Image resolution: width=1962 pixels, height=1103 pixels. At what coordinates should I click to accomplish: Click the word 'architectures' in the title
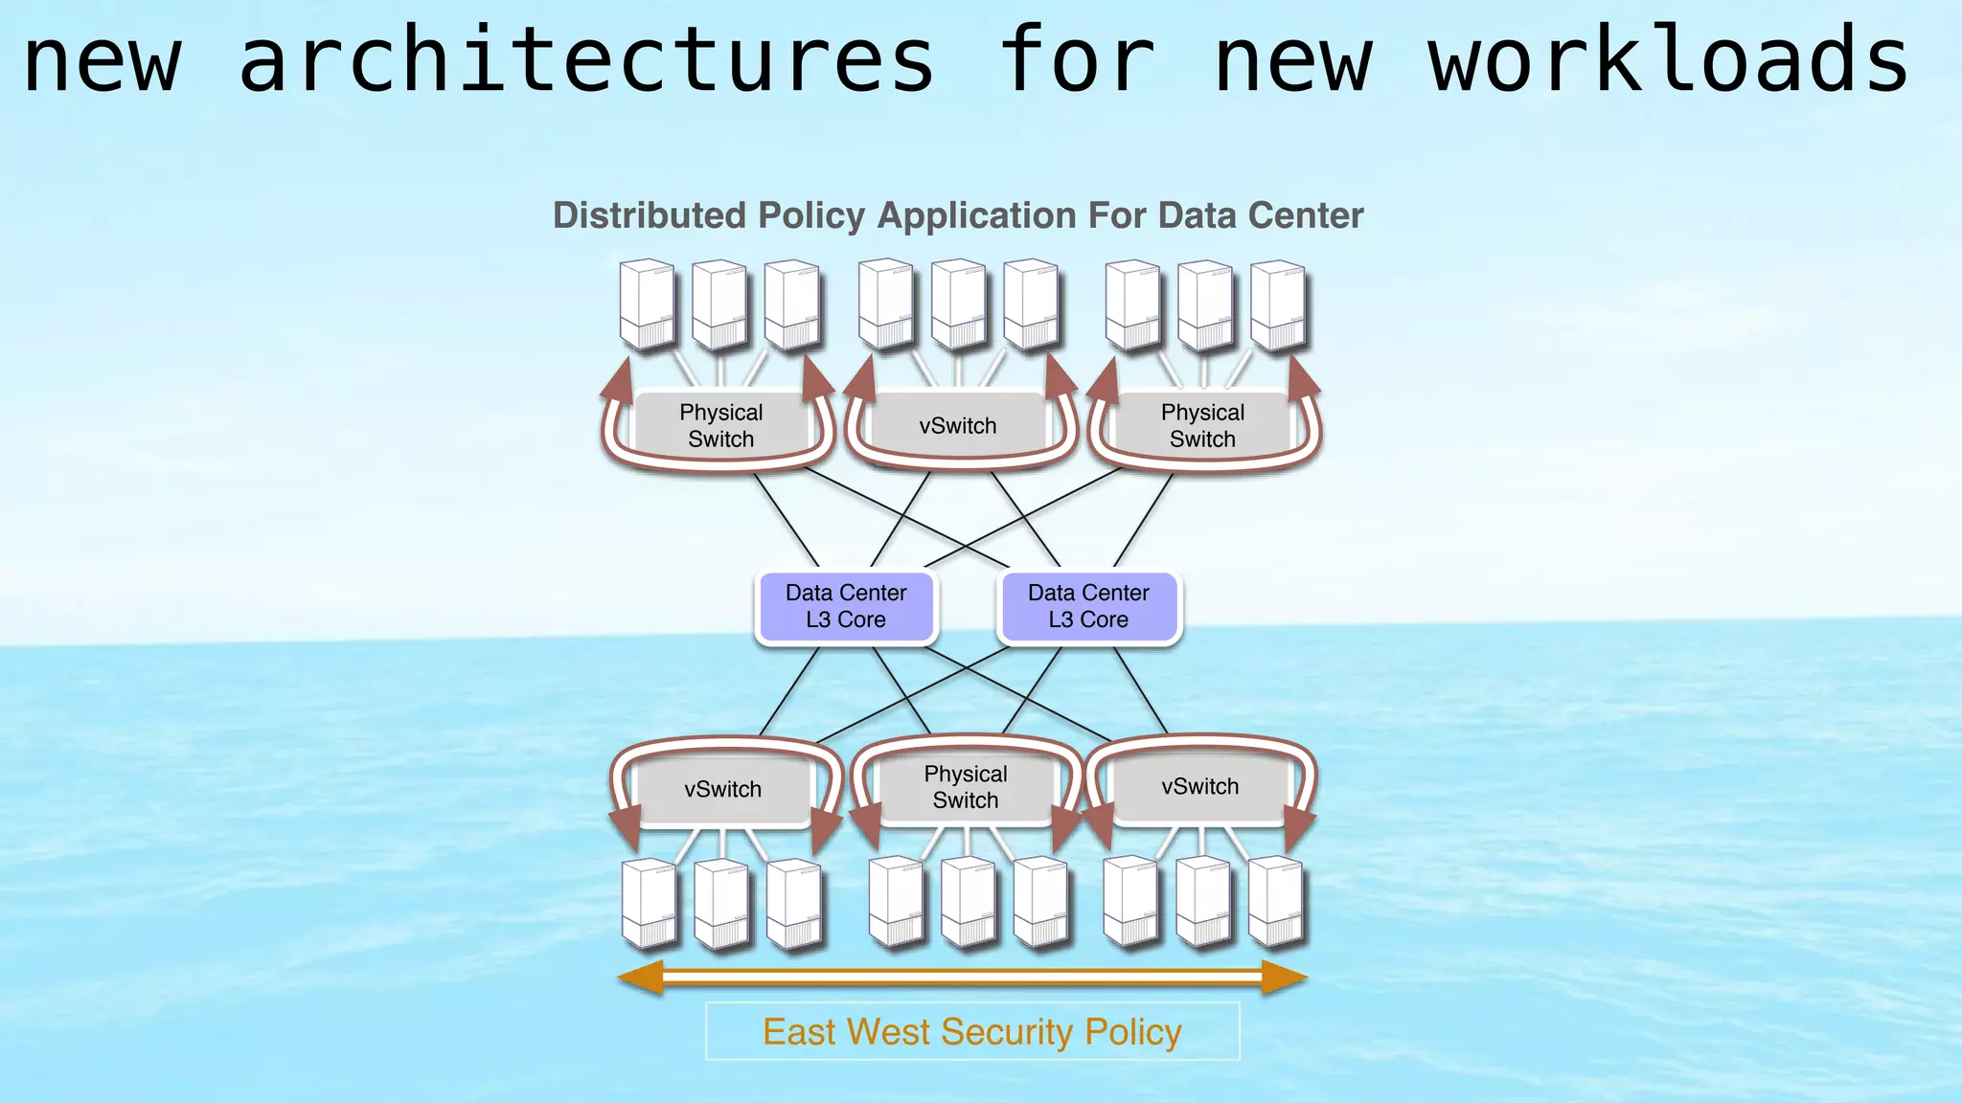pyautogui.click(x=586, y=59)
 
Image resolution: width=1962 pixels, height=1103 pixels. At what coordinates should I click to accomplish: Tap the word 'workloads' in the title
pyautogui.click(x=1669, y=59)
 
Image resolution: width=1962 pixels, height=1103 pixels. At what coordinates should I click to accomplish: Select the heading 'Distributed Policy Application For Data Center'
pyautogui.click(x=958, y=215)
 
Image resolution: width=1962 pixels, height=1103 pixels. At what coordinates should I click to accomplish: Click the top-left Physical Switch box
pyautogui.click(x=720, y=426)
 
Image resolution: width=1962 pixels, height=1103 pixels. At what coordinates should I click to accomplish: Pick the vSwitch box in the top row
pyautogui.click(x=958, y=426)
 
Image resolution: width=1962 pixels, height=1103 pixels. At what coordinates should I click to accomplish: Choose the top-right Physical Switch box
pyautogui.click(x=1202, y=426)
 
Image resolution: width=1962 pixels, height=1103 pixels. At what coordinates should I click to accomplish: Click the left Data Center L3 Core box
pyautogui.click(x=846, y=606)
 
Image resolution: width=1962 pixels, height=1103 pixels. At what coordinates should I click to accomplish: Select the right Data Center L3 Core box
pyautogui.click(x=1088, y=606)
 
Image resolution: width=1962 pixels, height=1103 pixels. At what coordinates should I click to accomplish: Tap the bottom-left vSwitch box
pyautogui.click(x=723, y=790)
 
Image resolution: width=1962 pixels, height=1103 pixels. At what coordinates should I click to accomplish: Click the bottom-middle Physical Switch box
pyautogui.click(x=966, y=787)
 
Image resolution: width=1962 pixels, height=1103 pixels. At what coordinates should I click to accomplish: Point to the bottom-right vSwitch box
pyautogui.click(x=1199, y=787)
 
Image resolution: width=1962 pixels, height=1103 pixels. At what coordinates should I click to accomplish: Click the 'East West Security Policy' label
pyautogui.click(x=972, y=1032)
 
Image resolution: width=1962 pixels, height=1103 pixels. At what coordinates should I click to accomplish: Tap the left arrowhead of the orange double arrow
pyautogui.click(x=640, y=978)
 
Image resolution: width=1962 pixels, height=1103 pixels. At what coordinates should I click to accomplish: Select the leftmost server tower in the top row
pyautogui.click(x=648, y=304)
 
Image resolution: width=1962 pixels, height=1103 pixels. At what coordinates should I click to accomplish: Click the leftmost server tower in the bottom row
pyautogui.click(x=650, y=904)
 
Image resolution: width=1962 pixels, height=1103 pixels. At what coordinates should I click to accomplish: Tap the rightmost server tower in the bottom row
pyautogui.click(x=1276, y=902)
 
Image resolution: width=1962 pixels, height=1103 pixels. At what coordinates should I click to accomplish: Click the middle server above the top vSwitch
pyautogui.click(x=958, y=304)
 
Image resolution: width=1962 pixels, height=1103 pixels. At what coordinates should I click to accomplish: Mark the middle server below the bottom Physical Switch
pyautogui.click(x=968, y=902)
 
